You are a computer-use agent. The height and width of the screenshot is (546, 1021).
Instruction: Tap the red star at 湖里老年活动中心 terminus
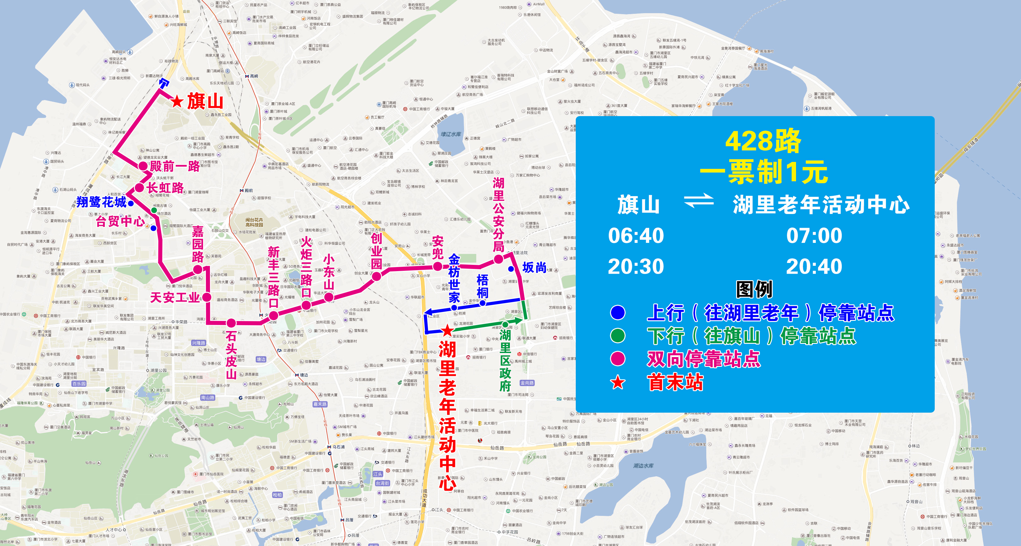coord(447,330)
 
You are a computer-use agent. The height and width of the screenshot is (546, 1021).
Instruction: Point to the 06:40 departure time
coord(636,236)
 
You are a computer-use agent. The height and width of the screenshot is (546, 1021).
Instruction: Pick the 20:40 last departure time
coord(814,266)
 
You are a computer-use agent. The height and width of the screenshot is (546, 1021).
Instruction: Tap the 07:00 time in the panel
coord(814,236)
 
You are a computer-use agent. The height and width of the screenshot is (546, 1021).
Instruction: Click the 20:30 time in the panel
coord(636,266)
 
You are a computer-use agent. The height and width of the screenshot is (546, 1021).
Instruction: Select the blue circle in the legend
coord(617,313)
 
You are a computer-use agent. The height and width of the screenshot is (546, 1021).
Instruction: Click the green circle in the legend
coord(617,335)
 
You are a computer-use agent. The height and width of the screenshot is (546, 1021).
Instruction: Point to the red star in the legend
coord(617,383)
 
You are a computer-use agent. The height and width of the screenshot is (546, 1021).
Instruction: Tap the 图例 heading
coord(754,289)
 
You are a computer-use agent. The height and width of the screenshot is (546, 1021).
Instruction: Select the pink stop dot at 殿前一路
coord(143,166)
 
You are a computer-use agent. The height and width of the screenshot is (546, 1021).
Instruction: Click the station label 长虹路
coord(165,188)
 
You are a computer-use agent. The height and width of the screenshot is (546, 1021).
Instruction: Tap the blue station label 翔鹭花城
coord(101,202)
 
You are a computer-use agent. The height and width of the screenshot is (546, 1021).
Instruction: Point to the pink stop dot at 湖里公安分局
coord(498,259)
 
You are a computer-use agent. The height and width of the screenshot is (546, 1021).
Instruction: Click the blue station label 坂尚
coord(534,268)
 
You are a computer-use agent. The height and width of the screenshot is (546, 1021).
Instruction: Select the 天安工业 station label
coord(175,297)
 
